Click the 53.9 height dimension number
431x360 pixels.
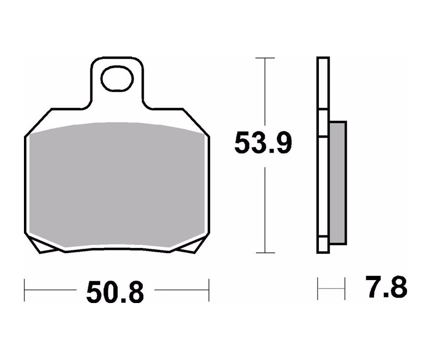[x=262, y=143]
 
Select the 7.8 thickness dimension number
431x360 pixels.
[x=386, y=287]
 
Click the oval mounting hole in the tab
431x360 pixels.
[x=117, y=79]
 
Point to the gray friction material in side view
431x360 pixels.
[x=338, y=182]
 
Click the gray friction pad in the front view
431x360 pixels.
[x=117, y=184]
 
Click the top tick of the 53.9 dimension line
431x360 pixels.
[x=265, y=58]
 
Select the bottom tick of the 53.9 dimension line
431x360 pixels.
[x=265, y=253]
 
